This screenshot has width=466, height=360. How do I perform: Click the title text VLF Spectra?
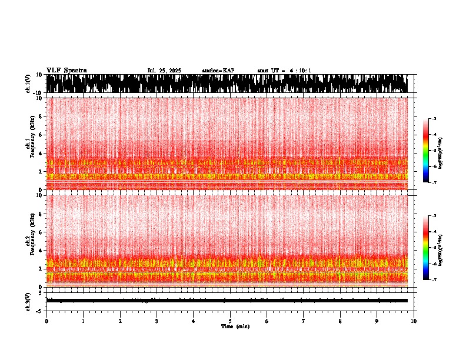click(66, 71)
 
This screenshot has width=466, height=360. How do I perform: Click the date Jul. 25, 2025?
click(164, 71)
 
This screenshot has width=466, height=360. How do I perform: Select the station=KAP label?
click(218, 71)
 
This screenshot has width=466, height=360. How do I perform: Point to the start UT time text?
click(284, 71)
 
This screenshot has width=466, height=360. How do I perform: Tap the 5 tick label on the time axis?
click(230, 321)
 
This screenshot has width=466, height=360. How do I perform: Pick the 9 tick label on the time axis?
click(377, 321)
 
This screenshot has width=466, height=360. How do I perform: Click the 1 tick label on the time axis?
click(83, 321)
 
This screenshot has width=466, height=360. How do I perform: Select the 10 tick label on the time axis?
click(414, 321)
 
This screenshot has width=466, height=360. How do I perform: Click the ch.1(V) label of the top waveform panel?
click(28, 84)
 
